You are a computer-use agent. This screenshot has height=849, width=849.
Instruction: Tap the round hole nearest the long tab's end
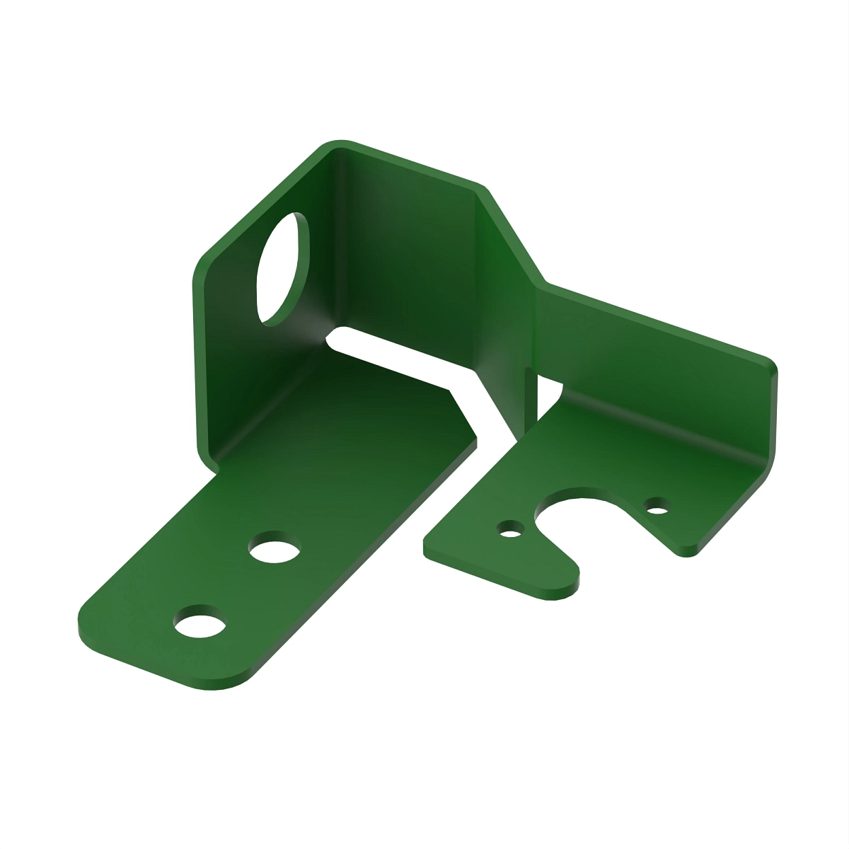click(200, 624)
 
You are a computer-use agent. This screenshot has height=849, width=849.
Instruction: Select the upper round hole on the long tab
click(275, 548)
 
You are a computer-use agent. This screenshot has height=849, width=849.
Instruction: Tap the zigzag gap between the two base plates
click(488, 424)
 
